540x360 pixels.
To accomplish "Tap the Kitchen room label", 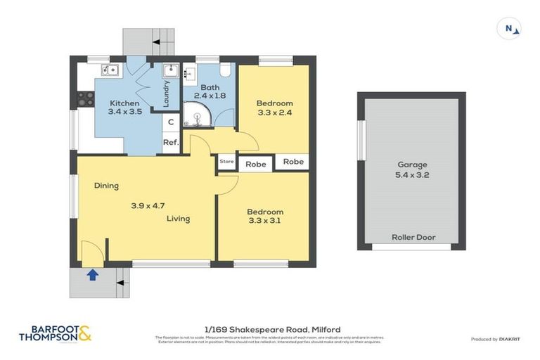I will pyautogui.click(x=124, y=103).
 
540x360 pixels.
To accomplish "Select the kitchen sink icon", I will pyautogui.click(x=108, y=70).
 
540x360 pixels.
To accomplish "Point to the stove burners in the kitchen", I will pyautogui.click(x=86, y=99).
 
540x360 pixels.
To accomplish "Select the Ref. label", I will pyautogui.click(x=170, y=143).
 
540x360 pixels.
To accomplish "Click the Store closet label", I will pyautogui.click(x=226, y=162).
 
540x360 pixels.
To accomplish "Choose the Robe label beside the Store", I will pyautogui.click(x=255, y=165).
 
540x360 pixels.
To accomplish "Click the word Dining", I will pyautogui.click(x=107, y=186).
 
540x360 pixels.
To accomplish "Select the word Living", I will pyautogui.click(x=178, y=219).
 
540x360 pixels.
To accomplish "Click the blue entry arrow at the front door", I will pyautogui.click(x=91, y=275).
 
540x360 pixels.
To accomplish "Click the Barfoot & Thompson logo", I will pyautogui.click(x=54, y=334).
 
